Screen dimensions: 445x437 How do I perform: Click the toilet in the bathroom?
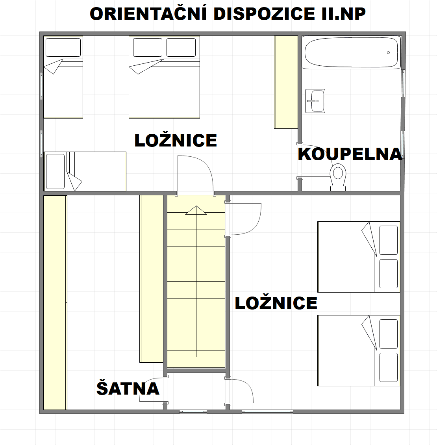338,175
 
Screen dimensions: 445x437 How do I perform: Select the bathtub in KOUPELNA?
351,52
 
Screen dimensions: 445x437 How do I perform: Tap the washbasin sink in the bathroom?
315,101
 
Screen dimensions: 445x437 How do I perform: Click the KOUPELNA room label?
350,154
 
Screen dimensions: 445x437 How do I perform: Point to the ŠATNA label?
128,388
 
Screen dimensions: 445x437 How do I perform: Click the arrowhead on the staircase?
196,210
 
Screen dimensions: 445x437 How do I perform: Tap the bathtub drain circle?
388,52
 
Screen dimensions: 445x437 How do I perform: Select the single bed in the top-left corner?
63,77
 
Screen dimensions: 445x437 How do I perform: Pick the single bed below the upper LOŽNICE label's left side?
85,171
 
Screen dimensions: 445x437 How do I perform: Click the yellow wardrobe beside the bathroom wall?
286,82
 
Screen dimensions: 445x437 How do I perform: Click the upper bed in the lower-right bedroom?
358,257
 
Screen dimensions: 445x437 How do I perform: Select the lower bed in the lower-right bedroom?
358,350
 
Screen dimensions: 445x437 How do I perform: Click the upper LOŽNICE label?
176,141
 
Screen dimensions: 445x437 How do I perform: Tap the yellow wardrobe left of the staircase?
152,279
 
